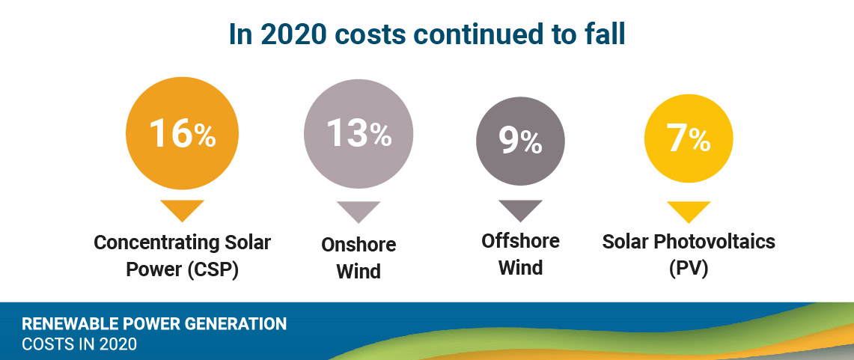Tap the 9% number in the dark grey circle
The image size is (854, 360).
(520, 141)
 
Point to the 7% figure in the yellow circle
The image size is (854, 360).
(688, 139)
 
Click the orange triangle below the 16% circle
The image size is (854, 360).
(182, 210)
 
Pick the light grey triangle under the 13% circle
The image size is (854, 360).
(359, 211)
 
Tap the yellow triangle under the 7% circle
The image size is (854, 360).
(688, 212)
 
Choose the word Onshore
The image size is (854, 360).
(359, 245)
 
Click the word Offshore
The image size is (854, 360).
(520, 241)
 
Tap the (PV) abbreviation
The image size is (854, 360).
(688, 268)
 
